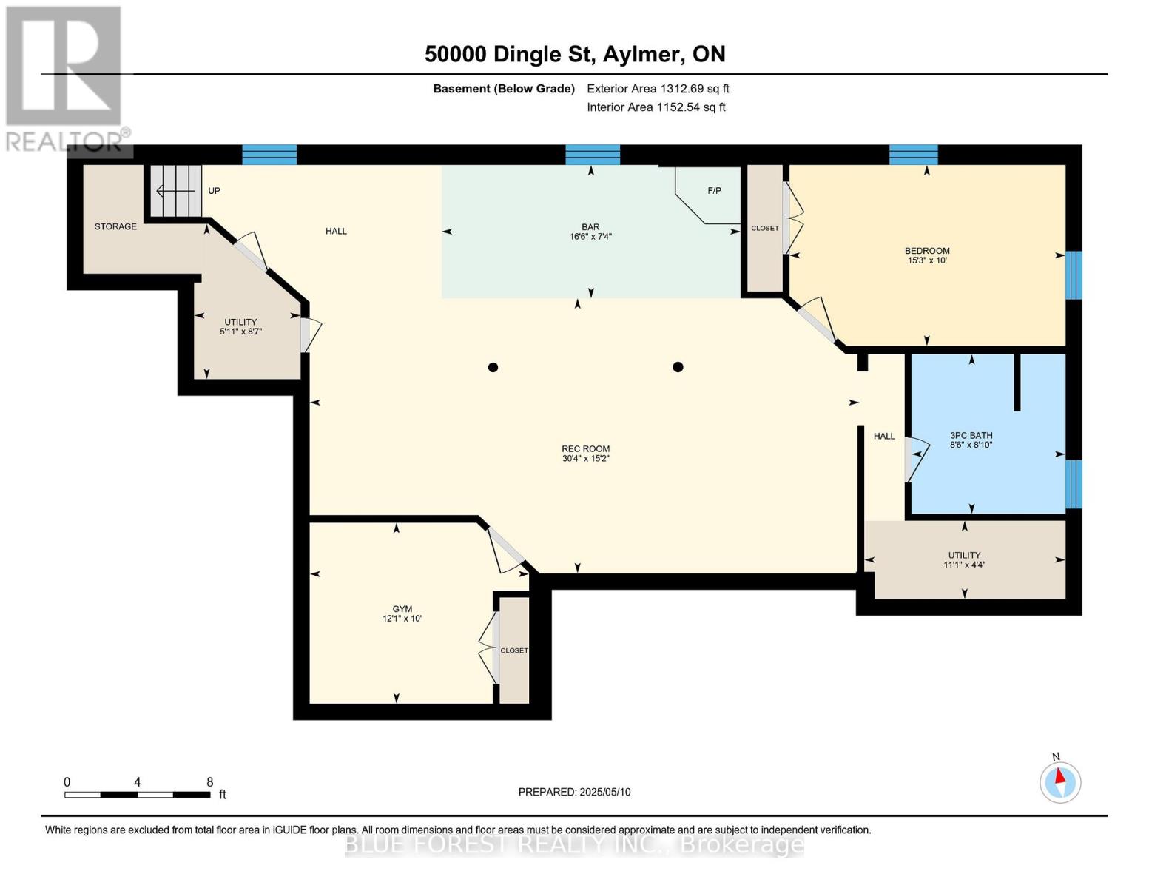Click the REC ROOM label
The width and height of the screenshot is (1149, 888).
(x=585, y=448)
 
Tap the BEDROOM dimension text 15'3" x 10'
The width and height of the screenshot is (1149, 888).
(x=927, y=260)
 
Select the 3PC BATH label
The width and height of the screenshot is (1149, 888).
(x=971, y=436)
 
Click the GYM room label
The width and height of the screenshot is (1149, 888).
(x=402, y=609)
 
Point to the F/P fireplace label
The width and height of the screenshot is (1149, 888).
(x=714, y=191)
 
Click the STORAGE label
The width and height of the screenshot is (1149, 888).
(x=115, y=226)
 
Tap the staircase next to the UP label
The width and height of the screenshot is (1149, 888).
(x=177, y=192)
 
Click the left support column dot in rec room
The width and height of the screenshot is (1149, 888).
(x=493, y=368)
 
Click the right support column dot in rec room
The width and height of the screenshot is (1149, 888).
(x=678, y=367)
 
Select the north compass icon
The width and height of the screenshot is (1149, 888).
(x=1060, y=781)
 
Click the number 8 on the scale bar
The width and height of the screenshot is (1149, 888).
(x=209, y=782)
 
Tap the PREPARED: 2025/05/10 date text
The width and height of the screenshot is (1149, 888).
(x=574, y=792)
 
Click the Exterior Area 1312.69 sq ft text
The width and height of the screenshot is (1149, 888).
(x=658, y=89)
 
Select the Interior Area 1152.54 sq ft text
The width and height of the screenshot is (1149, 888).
(x=656, y=107)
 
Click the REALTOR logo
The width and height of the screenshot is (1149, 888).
(x=64, y=78)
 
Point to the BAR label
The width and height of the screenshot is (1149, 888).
(x=590, y=227)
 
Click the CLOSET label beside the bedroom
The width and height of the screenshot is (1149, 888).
(x=764, y=228)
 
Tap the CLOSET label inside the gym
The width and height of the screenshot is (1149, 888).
(x=514, y=650)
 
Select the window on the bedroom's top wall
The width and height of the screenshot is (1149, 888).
(x=913, y=155)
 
